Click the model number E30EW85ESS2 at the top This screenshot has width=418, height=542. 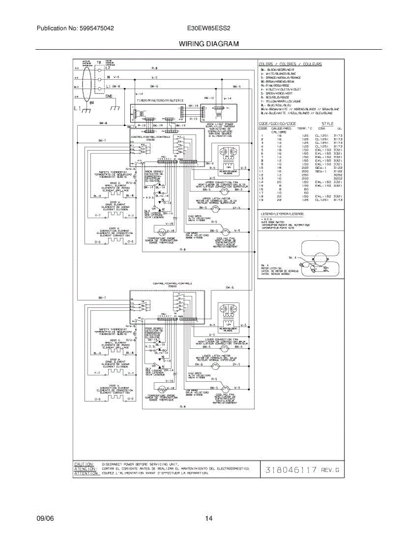point(209,28)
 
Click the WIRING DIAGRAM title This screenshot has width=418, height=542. point(208,44)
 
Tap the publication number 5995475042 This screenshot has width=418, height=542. point(75,28)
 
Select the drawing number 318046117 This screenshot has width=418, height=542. point(291,470)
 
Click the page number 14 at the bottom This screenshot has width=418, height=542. point(209,519)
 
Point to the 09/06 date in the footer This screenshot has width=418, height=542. point(45,519)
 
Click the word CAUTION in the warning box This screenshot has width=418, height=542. point(84,464)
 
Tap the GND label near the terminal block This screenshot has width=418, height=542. point(109,96)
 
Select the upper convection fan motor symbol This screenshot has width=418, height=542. point(225,191)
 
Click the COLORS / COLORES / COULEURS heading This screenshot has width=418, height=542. point(290,64)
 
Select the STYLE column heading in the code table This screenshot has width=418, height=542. point(327,123)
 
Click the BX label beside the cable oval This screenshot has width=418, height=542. point(92,103)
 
